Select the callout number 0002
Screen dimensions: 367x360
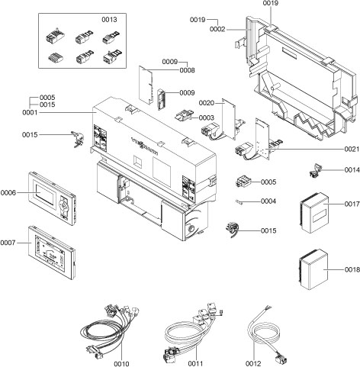tap(217, 28)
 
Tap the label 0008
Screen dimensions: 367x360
tap(187, 70)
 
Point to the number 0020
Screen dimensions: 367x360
tap(207, 102)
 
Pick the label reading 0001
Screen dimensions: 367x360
tap(30, 112)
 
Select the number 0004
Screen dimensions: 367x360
tap(268, 201)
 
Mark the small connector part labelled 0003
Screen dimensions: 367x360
tap(185, 118)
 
